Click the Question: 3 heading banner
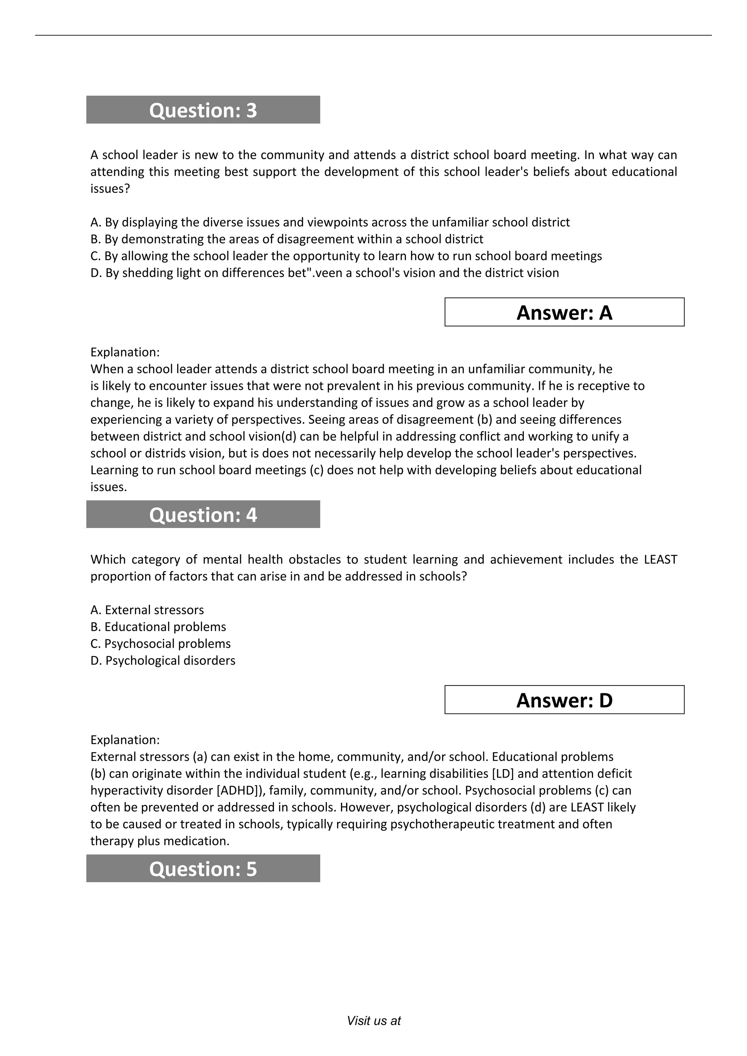point(203,110)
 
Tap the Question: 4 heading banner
point(203,514)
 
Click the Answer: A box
point(564,312)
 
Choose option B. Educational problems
point(158,627)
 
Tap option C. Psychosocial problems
point(160,644)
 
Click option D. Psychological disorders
point(162,660)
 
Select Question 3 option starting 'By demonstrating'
point(287,239)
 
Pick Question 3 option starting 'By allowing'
point(346,256)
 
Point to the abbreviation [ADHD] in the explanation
point(239,790)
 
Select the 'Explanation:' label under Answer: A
point(125,352)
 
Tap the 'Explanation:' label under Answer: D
point(125,739)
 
